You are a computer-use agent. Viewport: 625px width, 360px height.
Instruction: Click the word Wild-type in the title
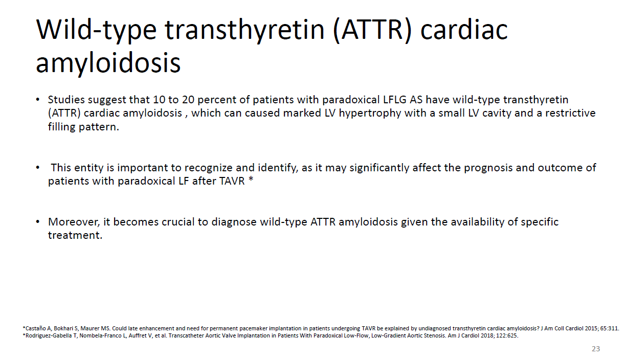click(x=96, y=31)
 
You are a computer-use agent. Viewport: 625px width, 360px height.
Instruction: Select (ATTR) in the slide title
click(x=372, y=30)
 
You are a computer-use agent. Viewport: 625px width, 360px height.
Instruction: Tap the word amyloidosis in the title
click(x=108, y=63)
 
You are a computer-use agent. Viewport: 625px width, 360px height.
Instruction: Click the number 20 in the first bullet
click(x=188, y=100)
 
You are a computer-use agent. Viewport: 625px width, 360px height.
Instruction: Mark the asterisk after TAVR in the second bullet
click(x=251, y=179)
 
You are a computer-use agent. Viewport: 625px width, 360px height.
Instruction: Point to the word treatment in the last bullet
click(x=75, y=235)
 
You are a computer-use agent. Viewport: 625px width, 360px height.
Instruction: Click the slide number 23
click(x=596, y=349)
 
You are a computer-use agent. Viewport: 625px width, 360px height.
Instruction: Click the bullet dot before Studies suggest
click(x=38, y=100)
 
